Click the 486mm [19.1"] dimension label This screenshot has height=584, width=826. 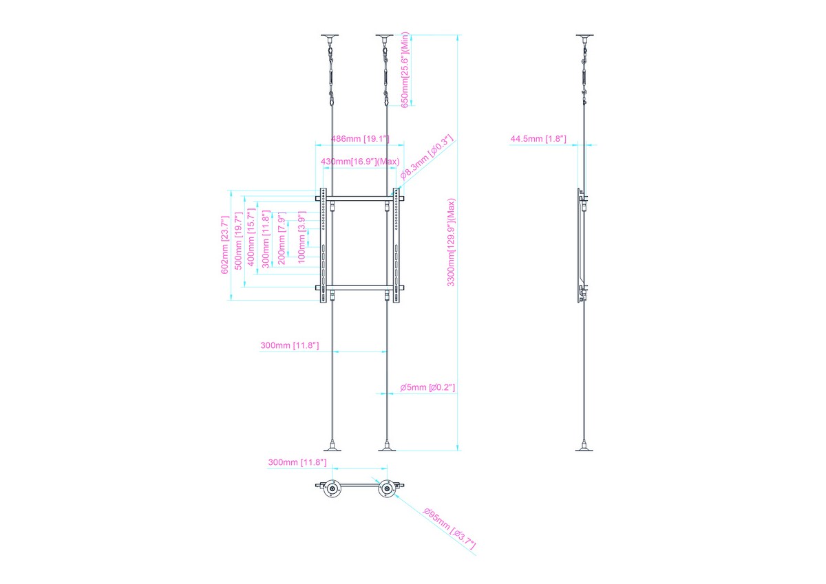pyautogui.click(x=360, y=139)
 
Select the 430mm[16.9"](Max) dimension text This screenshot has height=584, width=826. pyautogui.click(x=360, y=162)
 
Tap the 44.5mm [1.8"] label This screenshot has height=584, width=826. pyautogui.click(x=538, y=139)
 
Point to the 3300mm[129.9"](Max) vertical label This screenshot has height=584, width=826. pyautogui.click(x=451, y=242)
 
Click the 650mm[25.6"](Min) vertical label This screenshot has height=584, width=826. pyautogui.click(x=405, y=69)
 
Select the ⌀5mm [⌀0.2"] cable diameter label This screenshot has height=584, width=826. pyautogui.click(x=427, y=387)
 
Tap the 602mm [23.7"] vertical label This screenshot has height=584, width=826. pyautogui.click(x=224, y=245)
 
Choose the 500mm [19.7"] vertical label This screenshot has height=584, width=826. pyautogui.click(x=239, y=241)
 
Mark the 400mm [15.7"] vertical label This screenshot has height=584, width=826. pyautogui.click(x=251, y=237)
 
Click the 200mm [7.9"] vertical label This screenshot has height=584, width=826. pyautogui.click(x=282, y=239)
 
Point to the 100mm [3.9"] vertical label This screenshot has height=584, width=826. pyautogui.click(x=301, y=237)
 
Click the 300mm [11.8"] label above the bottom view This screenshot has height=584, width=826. pyautogui.click(x=297, y=462)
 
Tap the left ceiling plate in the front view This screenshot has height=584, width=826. pyautogui.click(x=330, y=37)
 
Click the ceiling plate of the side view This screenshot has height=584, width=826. pyautogui.click(x=585, y=37)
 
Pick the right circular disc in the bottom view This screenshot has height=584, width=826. pyautogui.click(x=387, y=489)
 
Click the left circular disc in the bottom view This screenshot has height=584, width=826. pyautogui.click(x=332, y=489)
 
